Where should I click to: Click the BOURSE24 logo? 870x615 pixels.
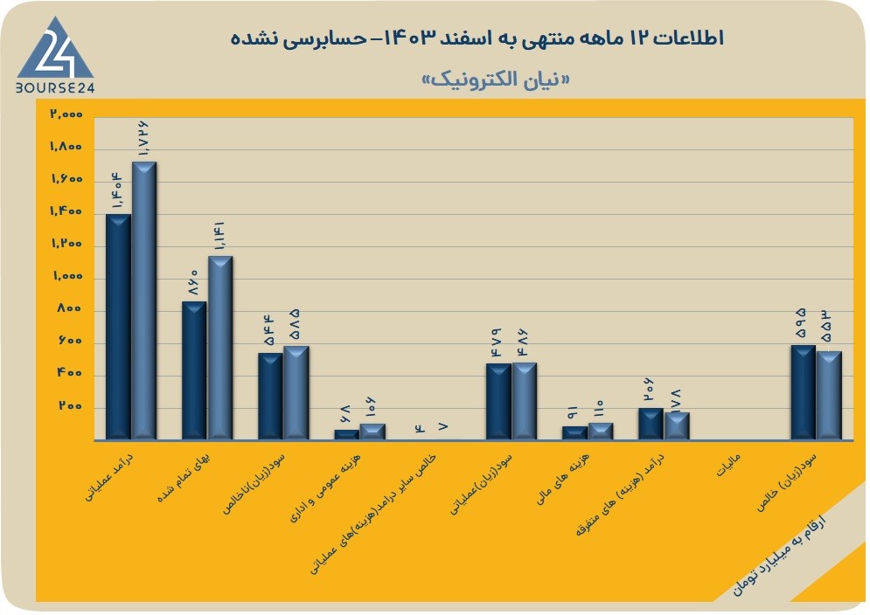(55, 55)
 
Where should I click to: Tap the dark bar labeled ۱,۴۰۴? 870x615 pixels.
(118, 327)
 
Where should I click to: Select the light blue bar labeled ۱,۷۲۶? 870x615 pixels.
(143, 301)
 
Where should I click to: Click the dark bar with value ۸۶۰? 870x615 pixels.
(194, 370)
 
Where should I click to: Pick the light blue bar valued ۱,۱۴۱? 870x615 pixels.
(220, 348)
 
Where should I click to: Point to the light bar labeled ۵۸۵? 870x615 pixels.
(296, 392)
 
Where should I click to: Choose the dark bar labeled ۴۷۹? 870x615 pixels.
(498, 402)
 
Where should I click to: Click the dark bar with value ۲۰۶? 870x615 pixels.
(651, 424)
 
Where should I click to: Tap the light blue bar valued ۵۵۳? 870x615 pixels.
(829, 396)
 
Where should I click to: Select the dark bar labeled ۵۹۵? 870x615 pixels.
(803, 392)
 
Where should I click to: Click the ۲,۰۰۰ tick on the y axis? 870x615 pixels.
(66, 114)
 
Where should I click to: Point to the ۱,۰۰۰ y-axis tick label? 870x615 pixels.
(67, 276)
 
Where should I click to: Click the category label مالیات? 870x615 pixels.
(728, 466)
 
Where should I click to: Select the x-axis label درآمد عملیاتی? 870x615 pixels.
(109, 478)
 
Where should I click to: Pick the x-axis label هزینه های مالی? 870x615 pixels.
(562, 479)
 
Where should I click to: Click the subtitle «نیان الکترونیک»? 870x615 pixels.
(496, 79)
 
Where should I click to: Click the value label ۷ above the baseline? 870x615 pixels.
(442, 426)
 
